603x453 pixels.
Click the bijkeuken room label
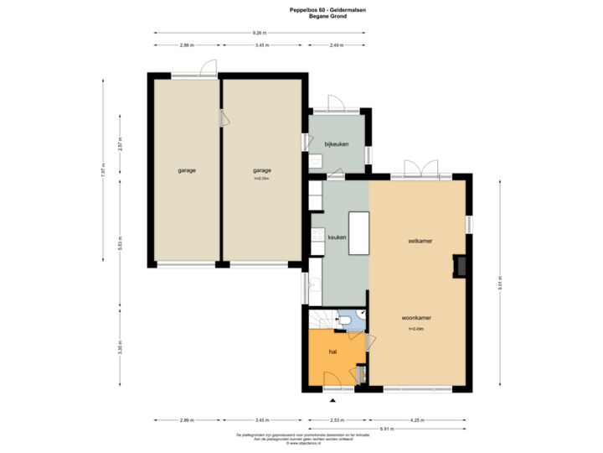point(336,144)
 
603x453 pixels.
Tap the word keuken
point(337,237)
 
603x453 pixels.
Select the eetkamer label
point(420,241)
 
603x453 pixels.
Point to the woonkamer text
point(416,319)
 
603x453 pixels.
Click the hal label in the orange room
point(332,351)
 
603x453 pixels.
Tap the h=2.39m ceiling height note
point(262,179)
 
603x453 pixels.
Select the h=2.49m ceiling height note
point(416,329)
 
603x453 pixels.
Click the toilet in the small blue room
point(343,320)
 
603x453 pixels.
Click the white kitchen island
point(359,232)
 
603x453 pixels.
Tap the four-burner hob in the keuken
point(317,236)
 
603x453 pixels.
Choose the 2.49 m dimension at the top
point(336,45)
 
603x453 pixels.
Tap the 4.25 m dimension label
point(416,419)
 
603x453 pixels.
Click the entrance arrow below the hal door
point(334,398)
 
